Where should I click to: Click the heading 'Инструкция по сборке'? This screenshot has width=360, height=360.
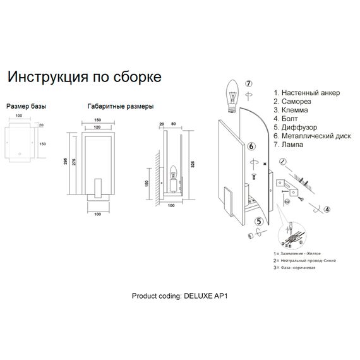tap(84, 77)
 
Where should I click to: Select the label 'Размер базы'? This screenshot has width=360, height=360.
tap(26, 107)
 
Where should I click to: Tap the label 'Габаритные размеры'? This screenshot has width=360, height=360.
tap(120, 107)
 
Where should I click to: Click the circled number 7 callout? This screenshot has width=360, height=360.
tap(249, 84)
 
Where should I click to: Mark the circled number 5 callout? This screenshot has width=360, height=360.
tap(258, 221)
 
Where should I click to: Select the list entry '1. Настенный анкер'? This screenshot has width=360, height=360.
tap(306, 93)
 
